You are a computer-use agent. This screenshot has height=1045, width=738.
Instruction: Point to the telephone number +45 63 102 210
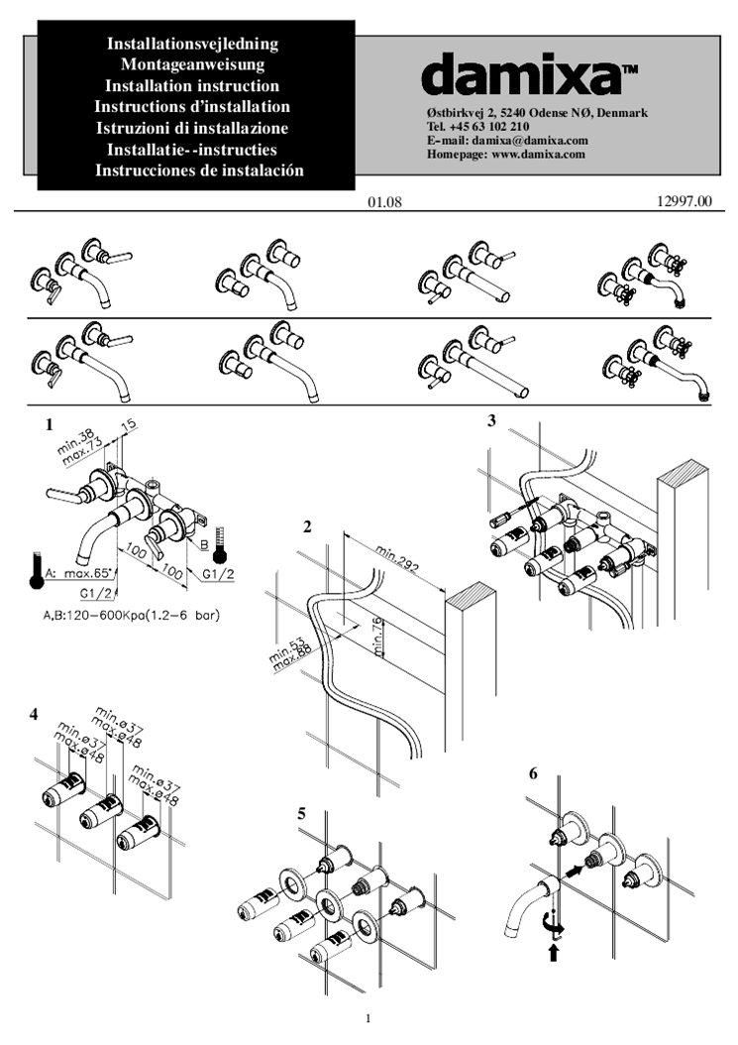pos(492,127)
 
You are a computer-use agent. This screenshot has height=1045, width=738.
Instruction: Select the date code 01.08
pos(383,203)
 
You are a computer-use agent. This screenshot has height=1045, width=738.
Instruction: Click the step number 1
pos(48,423)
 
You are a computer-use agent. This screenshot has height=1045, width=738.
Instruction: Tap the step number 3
pos(491,420)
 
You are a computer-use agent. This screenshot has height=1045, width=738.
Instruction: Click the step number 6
pos(533,774)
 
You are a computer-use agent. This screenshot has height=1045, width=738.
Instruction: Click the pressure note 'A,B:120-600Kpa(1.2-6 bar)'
pos(131,616)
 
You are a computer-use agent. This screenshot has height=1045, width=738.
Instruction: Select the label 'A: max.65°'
pos(78,574)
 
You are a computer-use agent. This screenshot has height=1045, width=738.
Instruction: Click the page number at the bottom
pos(368,1018)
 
